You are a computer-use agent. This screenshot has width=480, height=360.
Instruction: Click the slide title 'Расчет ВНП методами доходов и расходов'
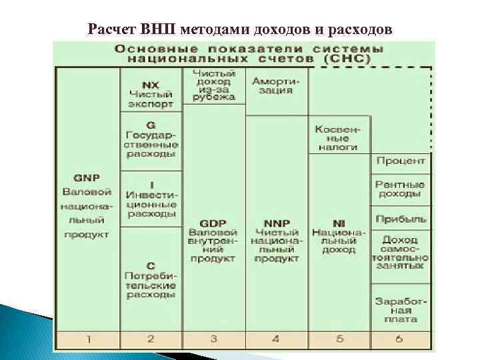241,29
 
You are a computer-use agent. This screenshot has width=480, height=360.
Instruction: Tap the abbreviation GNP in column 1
87,179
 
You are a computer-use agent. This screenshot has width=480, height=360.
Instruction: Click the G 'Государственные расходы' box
151,139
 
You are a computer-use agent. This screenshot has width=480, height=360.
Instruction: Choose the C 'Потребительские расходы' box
151,280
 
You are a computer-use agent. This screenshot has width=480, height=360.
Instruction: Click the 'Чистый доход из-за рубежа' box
213,85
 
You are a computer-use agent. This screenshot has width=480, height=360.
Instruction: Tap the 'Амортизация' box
275,85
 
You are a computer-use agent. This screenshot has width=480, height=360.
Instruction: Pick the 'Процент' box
400,161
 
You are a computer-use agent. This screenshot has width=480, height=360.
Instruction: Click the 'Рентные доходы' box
400,189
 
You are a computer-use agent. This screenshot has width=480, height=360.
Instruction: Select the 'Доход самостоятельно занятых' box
400,252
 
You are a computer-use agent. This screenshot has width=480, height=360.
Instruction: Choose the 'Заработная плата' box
400,309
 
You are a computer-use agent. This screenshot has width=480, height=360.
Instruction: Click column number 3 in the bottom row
213,339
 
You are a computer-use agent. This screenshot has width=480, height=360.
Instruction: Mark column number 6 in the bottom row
400,339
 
